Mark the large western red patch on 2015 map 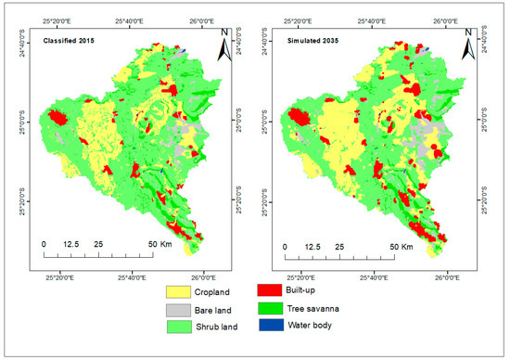(58, 118)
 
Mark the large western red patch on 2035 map (300, 118)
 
